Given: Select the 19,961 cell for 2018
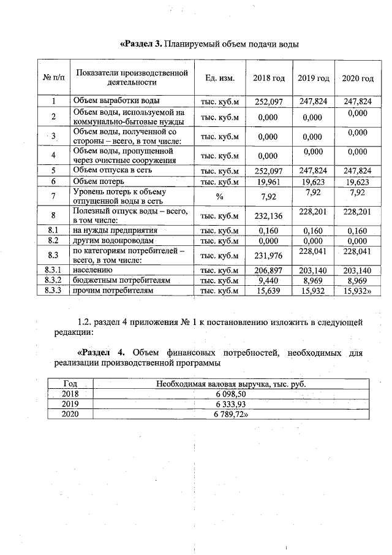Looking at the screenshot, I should pos(269,182).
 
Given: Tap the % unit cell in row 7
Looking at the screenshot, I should pos(219,196).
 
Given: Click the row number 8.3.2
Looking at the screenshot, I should pos(53,280).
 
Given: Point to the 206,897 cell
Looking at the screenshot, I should pos(269,270).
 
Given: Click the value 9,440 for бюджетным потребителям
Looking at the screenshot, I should pos(269,280).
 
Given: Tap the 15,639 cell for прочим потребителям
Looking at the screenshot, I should pos(269,291).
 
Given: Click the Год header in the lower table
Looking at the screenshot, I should pos(70,384).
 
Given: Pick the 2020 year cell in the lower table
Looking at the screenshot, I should pos(70,414).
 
